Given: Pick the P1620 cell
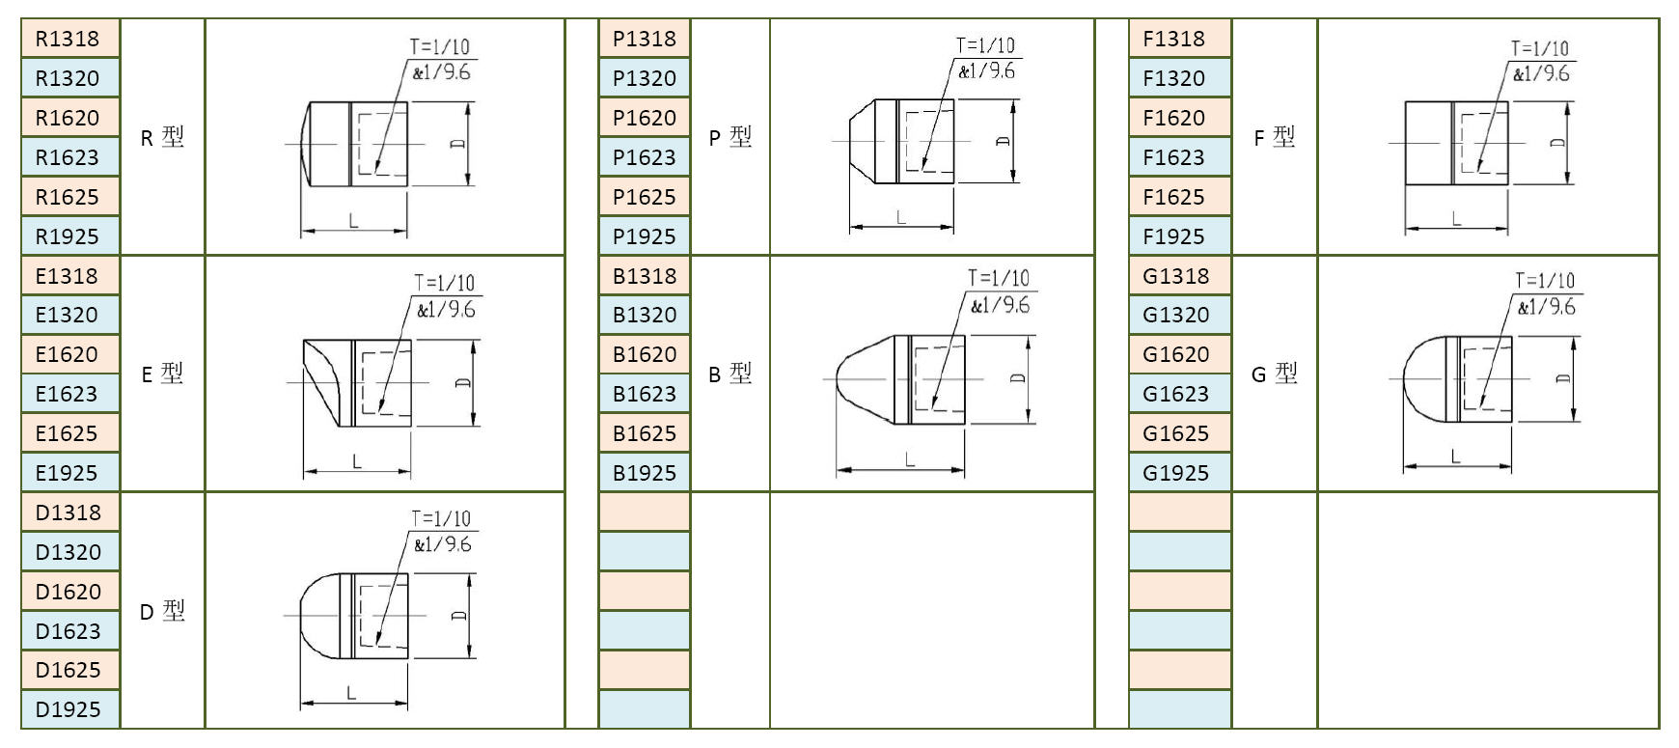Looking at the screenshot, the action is coord(645,118).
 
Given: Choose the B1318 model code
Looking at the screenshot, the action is coord(645,276).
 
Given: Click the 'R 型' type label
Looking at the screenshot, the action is coord(162,137).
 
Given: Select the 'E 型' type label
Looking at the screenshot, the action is coord(162,374).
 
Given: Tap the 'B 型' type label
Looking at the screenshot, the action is coord(730,374).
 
